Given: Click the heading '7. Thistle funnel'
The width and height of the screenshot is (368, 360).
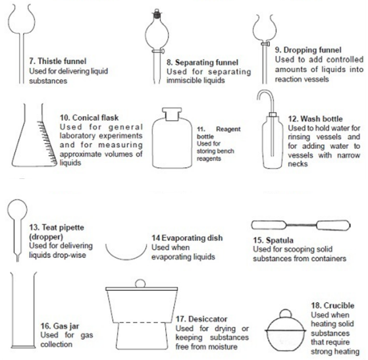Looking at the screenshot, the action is [58, 61].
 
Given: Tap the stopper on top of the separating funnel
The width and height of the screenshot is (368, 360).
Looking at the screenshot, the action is [157, 13].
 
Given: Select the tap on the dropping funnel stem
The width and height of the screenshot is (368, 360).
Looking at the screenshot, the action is [265, 43].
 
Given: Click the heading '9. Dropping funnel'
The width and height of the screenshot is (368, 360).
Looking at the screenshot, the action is [308, 50].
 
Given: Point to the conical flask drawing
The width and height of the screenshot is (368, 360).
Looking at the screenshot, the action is [34, 136].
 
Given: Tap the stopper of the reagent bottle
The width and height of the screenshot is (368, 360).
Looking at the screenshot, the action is [172, 114].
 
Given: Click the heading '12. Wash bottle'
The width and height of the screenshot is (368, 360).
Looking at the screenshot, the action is [315, 118].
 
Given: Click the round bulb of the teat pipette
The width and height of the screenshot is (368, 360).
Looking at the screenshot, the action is [17, 209].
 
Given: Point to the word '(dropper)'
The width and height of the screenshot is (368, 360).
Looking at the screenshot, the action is [46, 236].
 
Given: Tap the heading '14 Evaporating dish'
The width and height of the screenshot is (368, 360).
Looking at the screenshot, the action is [187, 238].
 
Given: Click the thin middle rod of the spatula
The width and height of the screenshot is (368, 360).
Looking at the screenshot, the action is [301, 225].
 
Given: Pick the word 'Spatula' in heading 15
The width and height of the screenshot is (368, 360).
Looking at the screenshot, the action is [280, 240].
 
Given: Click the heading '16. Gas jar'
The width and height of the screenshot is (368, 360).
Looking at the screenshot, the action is [60, 326].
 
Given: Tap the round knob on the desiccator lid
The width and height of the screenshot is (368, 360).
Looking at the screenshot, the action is [140, 283].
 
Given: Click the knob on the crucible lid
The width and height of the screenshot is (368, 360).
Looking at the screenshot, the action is [285, 314].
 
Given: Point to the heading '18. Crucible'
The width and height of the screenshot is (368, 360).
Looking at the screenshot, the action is [332, 305].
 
